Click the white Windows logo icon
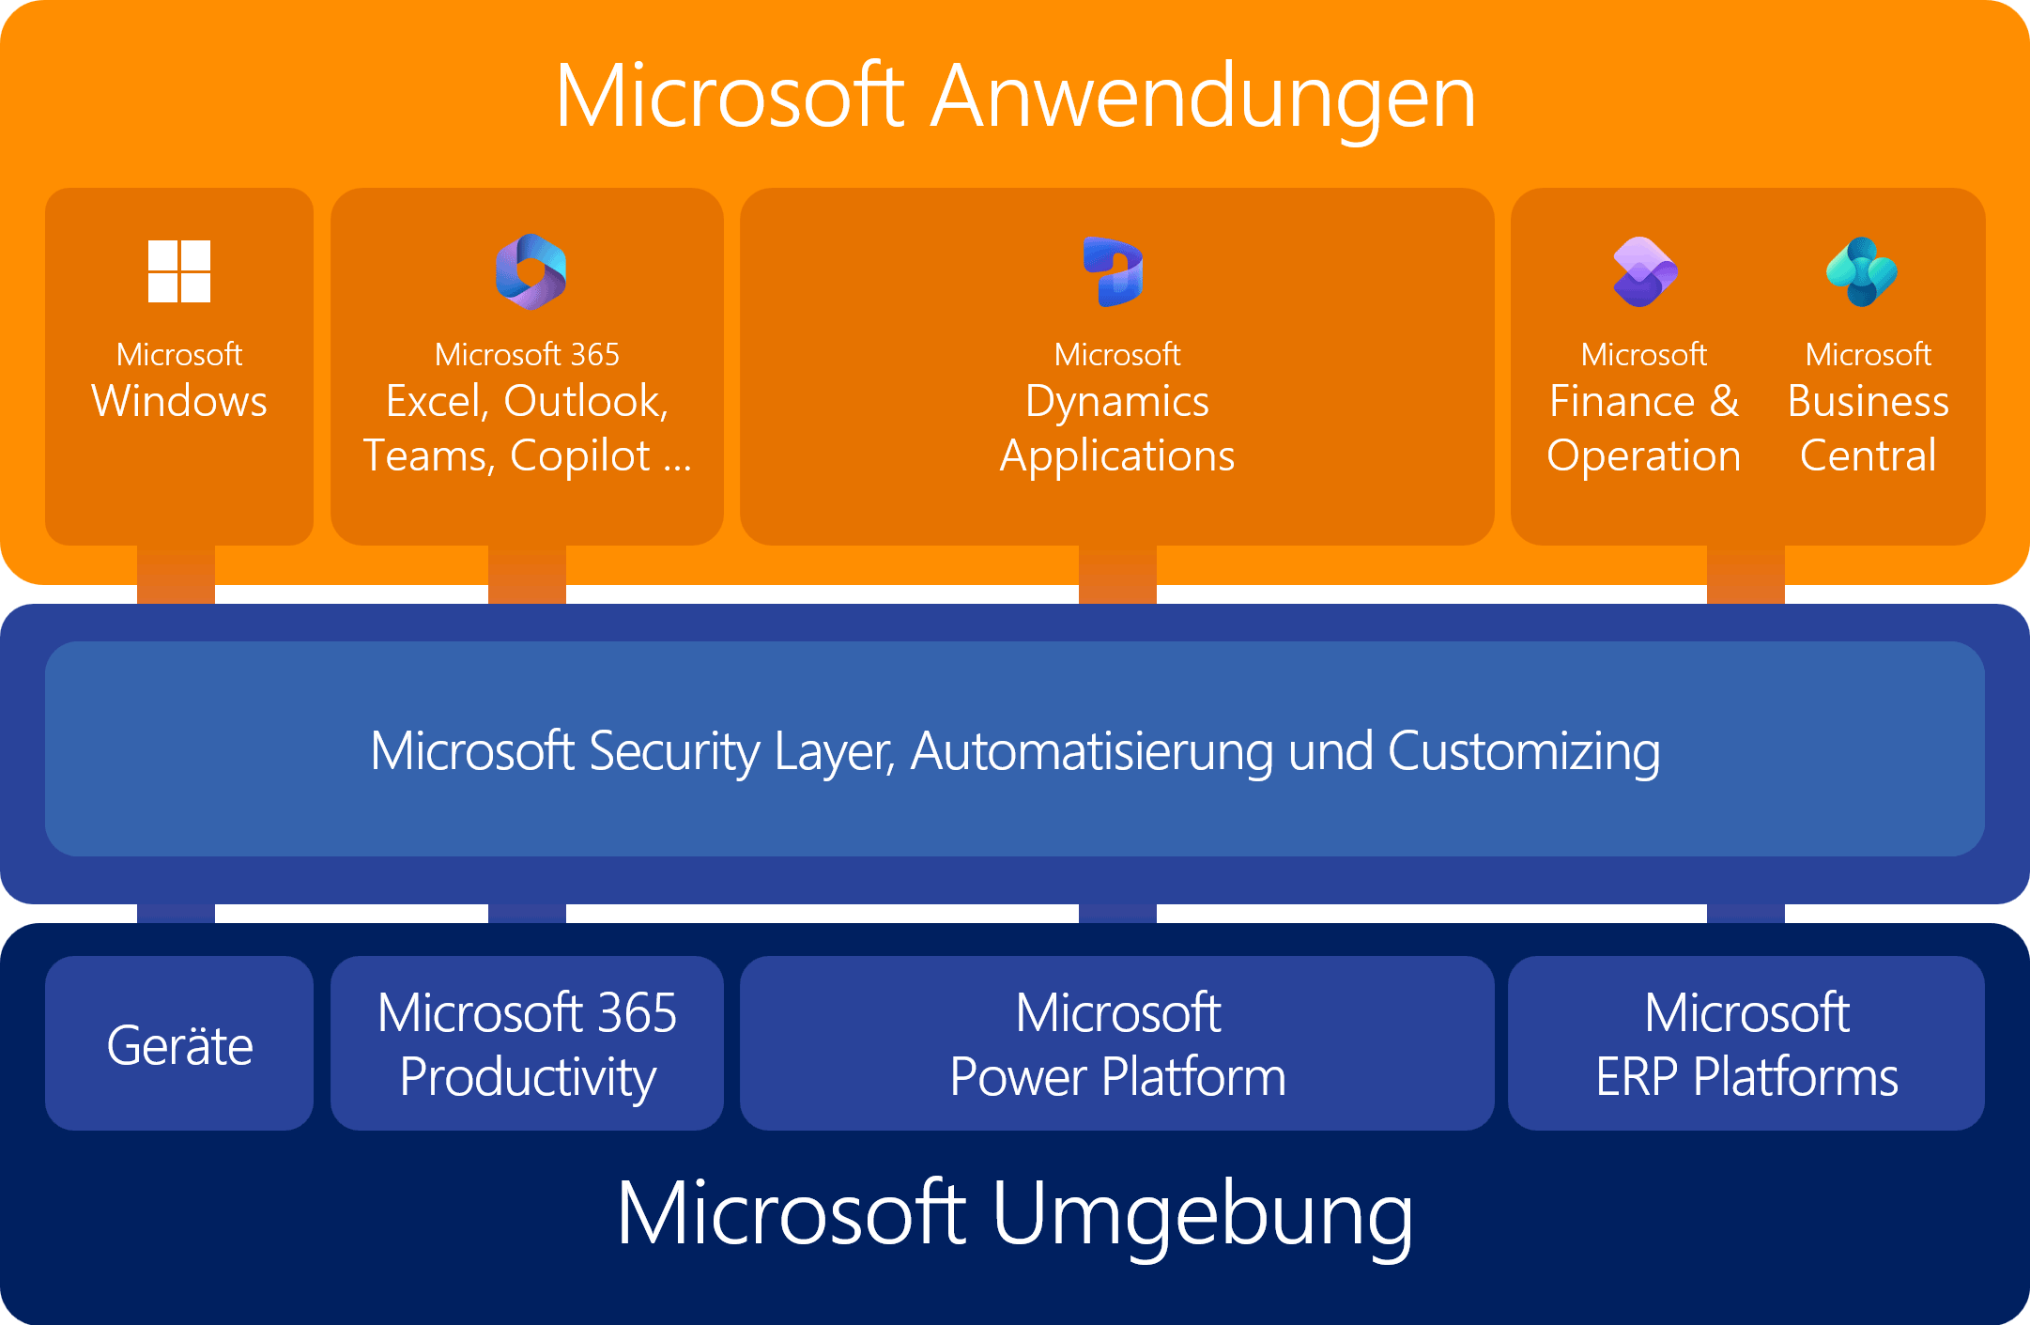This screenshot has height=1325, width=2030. point(179,271)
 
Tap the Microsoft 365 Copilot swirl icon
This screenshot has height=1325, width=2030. point(531,271)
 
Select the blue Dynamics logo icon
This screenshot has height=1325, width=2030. point(1114,271)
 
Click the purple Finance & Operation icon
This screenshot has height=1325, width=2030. point(1645,271)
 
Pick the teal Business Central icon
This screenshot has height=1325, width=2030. point(1862,271)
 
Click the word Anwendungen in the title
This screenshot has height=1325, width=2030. point(1203,97)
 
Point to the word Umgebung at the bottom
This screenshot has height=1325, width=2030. point(1202,1213)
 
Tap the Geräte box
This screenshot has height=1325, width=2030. point(179,1044)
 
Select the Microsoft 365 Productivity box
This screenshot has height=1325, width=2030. point(527,1044)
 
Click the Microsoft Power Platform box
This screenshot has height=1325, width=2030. point(1117,1044)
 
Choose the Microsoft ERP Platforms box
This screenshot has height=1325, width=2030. point(1746,1044)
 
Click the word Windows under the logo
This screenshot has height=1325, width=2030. point(179,402)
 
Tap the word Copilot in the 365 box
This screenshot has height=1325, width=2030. point(580,457)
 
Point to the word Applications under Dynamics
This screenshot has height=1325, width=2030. point(1117,457)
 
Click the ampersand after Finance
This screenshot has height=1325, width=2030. point(1724,402)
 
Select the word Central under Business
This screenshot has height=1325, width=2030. point(1868,456)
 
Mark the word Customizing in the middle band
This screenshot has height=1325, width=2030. point(1523,752)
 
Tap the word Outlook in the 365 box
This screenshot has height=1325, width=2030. point(585,402)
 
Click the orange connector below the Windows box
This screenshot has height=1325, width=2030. point(177,574)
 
